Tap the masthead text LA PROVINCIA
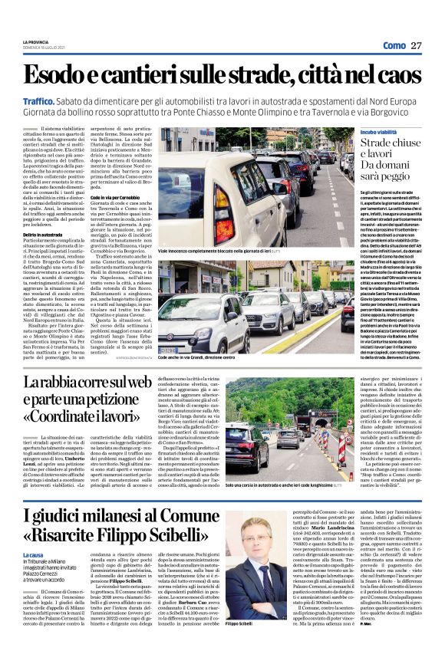36,41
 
